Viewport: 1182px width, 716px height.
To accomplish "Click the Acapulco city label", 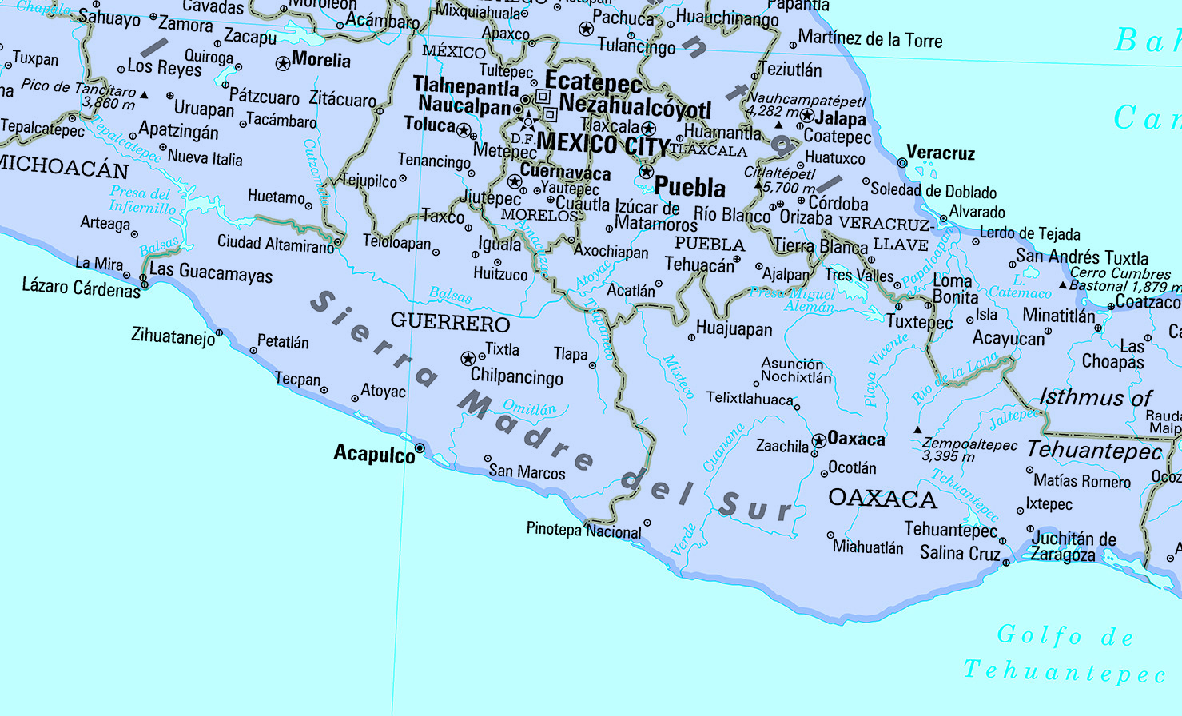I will [374, 454].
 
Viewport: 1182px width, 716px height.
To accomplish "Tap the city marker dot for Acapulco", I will [420, 447].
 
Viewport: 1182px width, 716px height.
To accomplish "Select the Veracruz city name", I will [941, 153].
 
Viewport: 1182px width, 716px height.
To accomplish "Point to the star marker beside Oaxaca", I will [818, 440].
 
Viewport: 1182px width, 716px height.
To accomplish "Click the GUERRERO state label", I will [450, 323].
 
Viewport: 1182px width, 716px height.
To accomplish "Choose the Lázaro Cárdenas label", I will [81, 288].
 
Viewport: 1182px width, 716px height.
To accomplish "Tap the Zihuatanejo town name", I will [173, 336].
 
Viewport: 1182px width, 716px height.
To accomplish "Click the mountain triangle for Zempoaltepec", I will [917, 430].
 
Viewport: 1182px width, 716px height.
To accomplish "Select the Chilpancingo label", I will [516, 376].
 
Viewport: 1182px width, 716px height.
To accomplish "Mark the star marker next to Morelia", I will [282, 63].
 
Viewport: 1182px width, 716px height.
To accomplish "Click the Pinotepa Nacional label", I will [583, 530].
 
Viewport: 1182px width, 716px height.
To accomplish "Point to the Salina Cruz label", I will [960, 553].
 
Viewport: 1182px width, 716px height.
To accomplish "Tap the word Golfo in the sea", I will [1040, 635].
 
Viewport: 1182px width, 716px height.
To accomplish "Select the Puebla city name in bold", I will [690, 188].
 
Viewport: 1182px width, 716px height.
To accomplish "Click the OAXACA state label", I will [882, 499].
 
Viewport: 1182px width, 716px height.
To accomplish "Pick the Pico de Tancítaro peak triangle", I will [144, 95].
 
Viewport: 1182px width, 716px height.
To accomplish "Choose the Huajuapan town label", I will [734, 329].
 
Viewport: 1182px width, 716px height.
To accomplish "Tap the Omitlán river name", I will [529, 408].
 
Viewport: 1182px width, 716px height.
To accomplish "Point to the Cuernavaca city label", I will [565, 172].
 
